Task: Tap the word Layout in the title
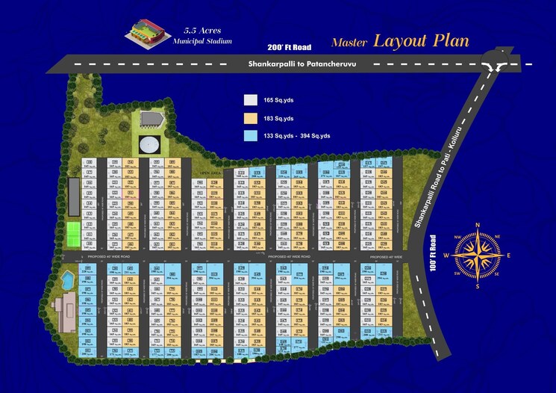click(x=401, y=40)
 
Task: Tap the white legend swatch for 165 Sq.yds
click(x=251, y=99)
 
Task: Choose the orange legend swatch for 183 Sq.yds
click(x=251, y=118)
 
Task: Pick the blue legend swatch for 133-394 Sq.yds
click(x=251, y=135)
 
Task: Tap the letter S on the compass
click(x=477, y=285)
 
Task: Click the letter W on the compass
click(x=446, y=256)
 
